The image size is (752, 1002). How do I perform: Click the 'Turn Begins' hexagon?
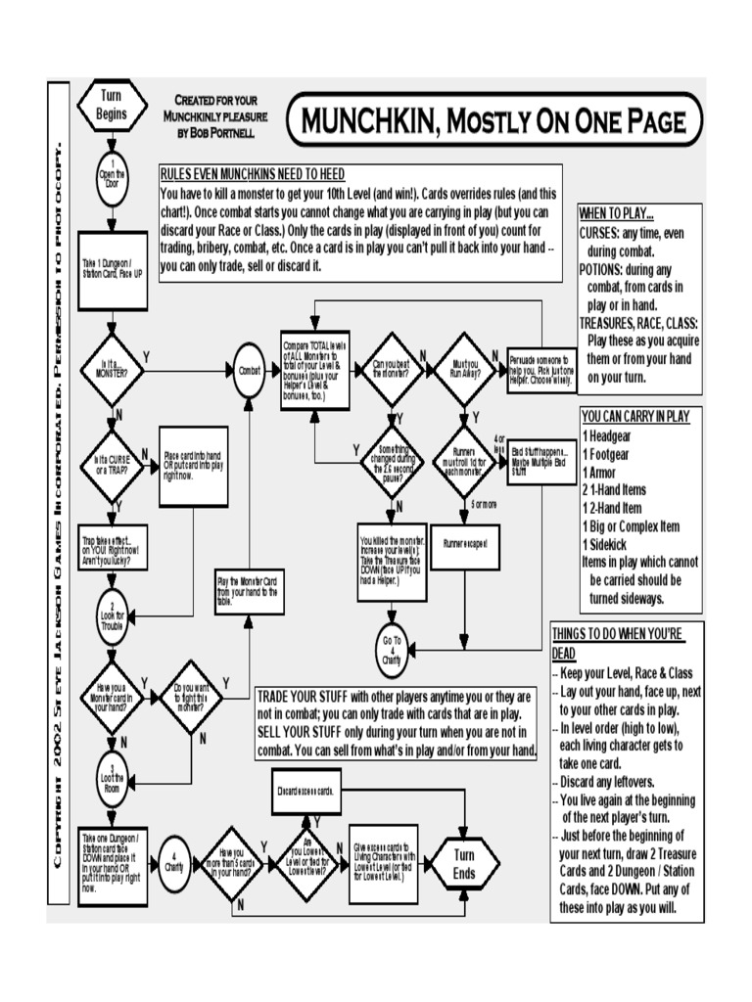point(113,106)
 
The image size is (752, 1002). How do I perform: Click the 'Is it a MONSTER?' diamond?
point(113,371)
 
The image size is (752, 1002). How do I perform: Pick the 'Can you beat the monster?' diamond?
point(391,371)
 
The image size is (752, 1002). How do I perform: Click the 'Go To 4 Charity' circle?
point(391,651)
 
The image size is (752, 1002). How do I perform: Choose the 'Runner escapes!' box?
point(465,542)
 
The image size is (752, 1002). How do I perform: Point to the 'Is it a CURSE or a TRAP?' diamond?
point(113,460)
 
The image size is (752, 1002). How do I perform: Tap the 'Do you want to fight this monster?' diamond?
point(191,698)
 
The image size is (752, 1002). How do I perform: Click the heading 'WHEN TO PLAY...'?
point(617,214)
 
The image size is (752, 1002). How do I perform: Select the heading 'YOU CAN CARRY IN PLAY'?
point(635,416)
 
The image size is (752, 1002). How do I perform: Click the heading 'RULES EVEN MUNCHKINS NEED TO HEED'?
point(252,173)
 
